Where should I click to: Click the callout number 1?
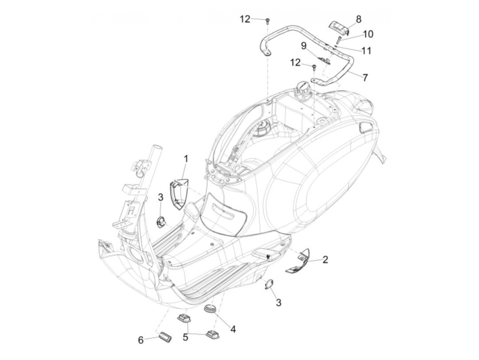coord(186,159)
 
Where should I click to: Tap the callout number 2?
coord(325,259)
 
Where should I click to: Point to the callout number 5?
coord(185,337)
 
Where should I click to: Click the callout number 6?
coord(141,340)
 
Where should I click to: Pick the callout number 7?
coord(365,77)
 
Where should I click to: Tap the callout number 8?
coord(358,19)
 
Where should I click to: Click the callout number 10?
coord(368,34)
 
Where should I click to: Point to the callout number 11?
coord(366,51)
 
